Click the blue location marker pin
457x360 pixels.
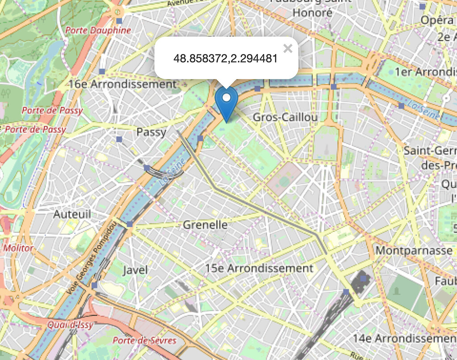(226, 102)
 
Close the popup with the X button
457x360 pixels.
(288, 49)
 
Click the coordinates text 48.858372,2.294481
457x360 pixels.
(226, 59)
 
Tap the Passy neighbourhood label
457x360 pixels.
(151, 132)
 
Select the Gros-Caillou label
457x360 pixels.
(285, 117)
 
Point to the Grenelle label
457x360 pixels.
(205, 225)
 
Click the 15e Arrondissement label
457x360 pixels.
(259, 268)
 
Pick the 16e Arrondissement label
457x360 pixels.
(123, 84)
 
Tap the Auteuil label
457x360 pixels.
(72, 214)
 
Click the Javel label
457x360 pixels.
(135, 270)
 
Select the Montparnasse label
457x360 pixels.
(414, 250)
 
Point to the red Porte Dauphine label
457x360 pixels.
(98, 30)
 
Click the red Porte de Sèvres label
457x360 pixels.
(144, 340)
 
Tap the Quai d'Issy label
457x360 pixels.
(71, 325)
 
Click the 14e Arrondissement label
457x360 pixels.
(404, 338)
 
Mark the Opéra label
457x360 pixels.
(437, 20)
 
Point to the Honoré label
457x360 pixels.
(312, 13)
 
